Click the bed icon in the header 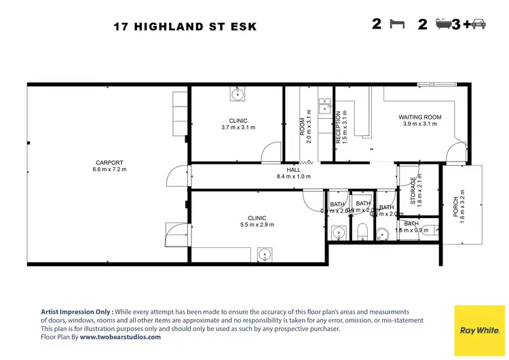coord(397,25)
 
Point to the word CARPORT coord(109,162)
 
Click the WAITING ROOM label coord(419,117)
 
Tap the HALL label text coord(293,170)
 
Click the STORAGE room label coord(413,190)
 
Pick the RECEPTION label coord(337,128)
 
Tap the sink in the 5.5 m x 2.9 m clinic coord(264,255)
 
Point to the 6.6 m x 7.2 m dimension coord(109,170)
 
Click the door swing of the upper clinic coord(271,152)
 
